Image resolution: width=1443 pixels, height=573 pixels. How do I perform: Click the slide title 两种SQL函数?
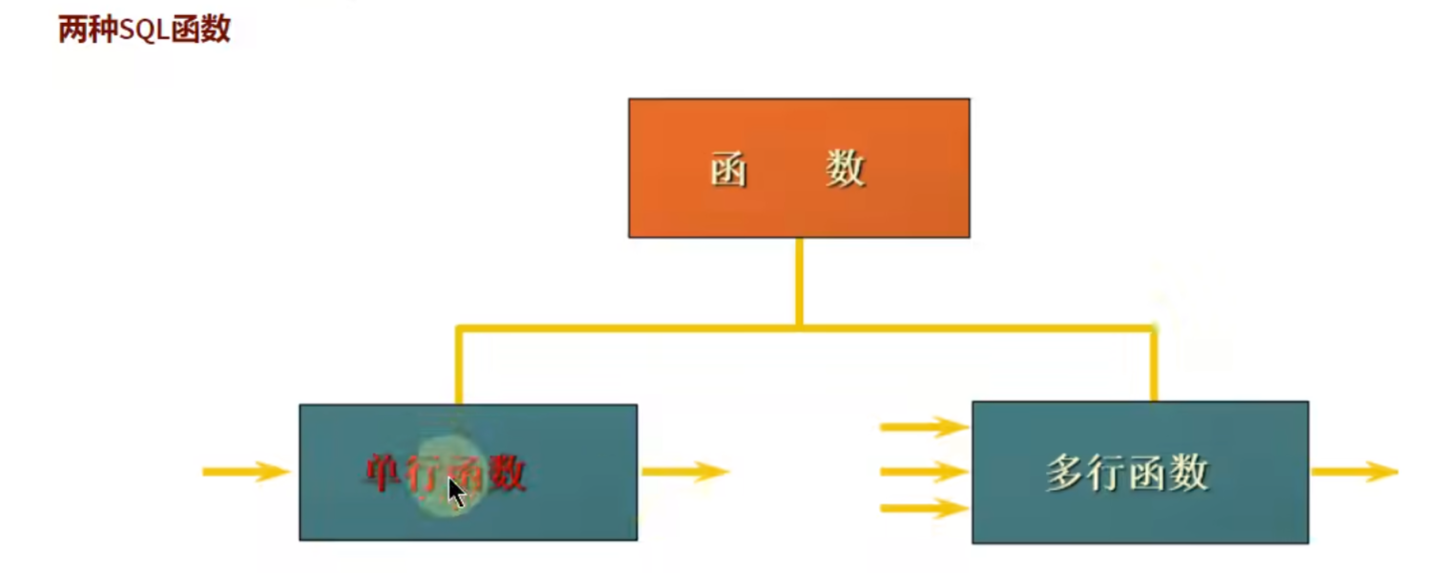[144, 30]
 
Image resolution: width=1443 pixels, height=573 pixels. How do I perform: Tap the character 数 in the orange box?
[846, 170]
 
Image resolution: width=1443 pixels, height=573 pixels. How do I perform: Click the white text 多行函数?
[1127, 473]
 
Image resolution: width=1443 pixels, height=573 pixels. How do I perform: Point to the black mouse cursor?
[456, 493]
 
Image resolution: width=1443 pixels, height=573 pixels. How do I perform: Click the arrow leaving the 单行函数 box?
[684, 471]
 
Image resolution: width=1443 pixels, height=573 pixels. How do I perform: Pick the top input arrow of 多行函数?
[923, 427]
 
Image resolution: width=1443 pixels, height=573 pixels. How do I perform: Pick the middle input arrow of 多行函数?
[923, 471]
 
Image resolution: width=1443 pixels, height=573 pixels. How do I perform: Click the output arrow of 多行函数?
[1353, 471]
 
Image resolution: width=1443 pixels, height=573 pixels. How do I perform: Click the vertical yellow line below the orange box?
[799, 282]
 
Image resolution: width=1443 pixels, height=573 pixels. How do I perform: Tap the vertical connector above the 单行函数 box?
[459, 368]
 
